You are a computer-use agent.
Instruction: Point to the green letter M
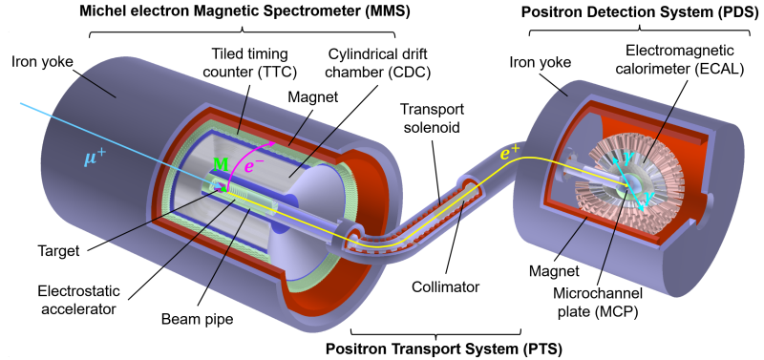pyautogui.click(x=222, y=164)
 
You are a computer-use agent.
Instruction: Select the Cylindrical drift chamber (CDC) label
pyautogui.click(x=377, y=62)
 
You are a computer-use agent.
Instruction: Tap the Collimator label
pyautogui.click(x=446, y=286)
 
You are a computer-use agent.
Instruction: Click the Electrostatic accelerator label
pyautogui.click(x=78, y=300)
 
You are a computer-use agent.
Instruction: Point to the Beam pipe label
pyautogui.click(x=198, y=320)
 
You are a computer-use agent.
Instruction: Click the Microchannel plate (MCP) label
pyautogui.click(x=598, y=302)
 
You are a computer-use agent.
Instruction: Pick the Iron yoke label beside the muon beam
pyautogui.click(x=44, y=62)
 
